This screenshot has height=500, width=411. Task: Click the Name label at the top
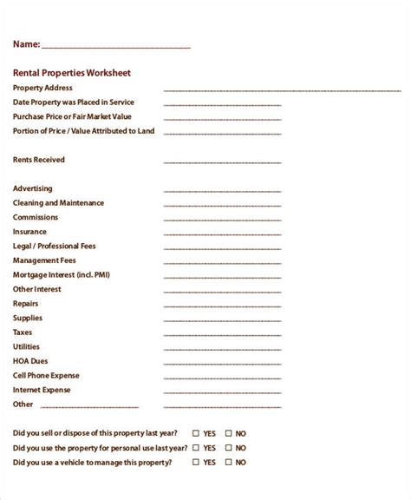(27, 44)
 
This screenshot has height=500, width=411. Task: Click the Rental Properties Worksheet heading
(72, 73)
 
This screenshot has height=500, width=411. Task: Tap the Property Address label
(42, 88)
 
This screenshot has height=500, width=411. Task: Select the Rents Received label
(39, 160)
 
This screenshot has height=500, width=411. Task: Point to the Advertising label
(33, 188)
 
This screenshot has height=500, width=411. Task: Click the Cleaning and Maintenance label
(58, 203)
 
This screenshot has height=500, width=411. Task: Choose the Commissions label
(36, 217)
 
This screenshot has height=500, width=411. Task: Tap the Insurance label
(30, 232)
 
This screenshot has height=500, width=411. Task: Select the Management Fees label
(44, 260)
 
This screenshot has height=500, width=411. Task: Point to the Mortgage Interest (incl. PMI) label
(61, 275)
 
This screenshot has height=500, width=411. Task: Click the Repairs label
(26, 304)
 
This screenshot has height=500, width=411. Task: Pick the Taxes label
(23, 332)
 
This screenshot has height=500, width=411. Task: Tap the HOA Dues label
(29, 361)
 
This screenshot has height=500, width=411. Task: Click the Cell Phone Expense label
(46, 376)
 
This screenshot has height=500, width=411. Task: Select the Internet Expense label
(41, 390)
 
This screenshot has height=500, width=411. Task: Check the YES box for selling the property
(196, 433)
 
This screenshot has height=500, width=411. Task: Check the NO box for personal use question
(229, 448)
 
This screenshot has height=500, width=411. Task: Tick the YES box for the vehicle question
(196, 463)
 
